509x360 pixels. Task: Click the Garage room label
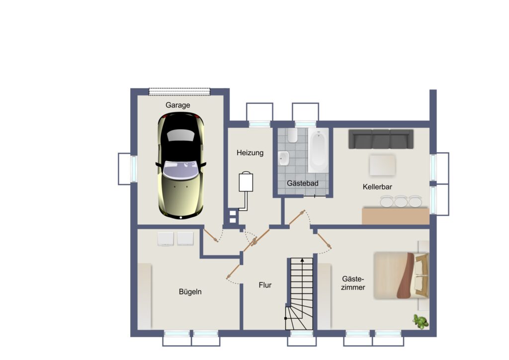(177, 105)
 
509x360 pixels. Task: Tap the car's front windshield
(180, 169)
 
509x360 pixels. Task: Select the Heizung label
(250, 153)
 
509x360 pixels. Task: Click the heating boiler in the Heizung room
(246, 182)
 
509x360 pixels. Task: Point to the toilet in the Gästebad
(292, 135)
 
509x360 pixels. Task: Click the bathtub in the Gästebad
(318, 150)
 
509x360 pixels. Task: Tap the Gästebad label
(303, 183)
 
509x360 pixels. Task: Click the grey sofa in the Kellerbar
(381, 139)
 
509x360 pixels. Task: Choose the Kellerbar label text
(377, 187)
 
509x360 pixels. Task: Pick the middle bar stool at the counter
(401, 201)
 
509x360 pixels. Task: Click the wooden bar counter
(395, 216)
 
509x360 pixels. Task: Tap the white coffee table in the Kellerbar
(382, 165)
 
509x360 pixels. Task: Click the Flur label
(265, 285)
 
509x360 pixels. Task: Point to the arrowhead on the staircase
(302, 260)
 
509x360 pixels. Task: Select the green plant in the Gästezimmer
(421, 321)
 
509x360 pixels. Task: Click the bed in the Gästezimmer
(401, 275)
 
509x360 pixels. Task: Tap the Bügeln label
(190, 292)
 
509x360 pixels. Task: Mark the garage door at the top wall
(179, 92)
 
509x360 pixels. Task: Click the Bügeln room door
(233, 272)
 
